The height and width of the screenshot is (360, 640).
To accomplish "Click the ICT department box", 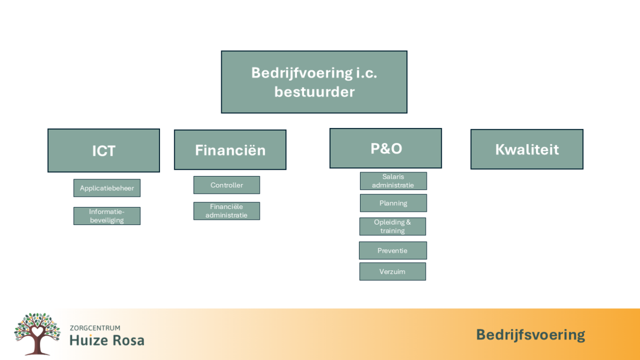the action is tap(103, 150).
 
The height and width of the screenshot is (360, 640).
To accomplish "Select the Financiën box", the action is tap(230, 150).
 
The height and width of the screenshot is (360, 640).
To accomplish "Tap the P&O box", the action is tap(386, 148).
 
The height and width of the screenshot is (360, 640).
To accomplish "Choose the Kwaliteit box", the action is tap(527, 149).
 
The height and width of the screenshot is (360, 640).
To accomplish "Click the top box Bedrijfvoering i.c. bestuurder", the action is tap(314, 82).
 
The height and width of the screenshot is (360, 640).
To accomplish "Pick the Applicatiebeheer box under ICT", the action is tap(107, 188).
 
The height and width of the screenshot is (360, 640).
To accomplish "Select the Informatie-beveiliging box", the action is tap(107, 216).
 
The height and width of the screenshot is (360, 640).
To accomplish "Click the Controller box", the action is tap(227, 185).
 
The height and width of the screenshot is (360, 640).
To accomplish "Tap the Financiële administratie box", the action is tap(227, 211).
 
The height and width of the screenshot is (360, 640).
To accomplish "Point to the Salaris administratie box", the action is tap(394, 181).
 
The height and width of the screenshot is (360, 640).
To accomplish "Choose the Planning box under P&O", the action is tap(394, 203).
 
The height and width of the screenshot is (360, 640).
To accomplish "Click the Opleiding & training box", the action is tap(393, 227).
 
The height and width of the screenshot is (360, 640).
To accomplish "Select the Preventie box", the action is tap(393, 251).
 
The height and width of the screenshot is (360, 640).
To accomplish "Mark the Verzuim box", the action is tap(393, 271).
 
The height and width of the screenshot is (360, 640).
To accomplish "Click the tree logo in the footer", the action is tap(37, 334).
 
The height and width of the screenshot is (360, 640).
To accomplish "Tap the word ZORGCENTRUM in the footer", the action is tap(95, 328).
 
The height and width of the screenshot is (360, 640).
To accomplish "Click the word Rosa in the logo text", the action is tap(129, 340).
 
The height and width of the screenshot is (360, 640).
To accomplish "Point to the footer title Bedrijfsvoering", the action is tap(531, 335).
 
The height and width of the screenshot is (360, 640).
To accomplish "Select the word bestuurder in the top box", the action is tap(315, 92).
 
